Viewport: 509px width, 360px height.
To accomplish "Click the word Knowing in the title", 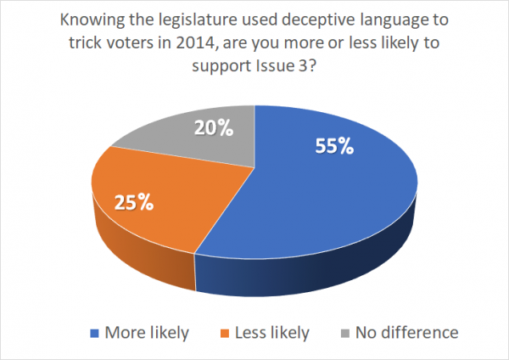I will point(90,20).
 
